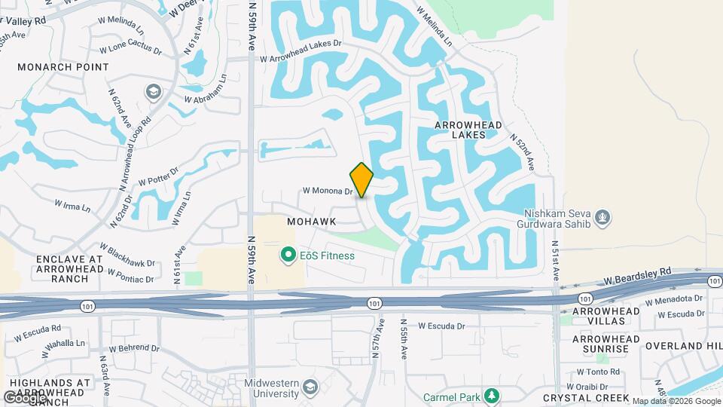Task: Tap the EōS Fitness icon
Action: coord(287,256)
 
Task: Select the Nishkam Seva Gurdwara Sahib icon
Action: coord(602,218)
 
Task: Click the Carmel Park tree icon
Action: coord(492,395)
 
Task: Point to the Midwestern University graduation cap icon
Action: coord(310,388)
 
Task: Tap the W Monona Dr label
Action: coord(328,191)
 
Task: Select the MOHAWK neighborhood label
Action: coord(311,222)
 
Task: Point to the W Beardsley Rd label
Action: coord(636,274)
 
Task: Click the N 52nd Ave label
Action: coord(522,151)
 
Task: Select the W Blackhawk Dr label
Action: coord(127,254)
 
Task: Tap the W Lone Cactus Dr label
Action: coord(130,51)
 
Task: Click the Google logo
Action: coord(24,397)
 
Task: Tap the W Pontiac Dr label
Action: coord(130,275)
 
